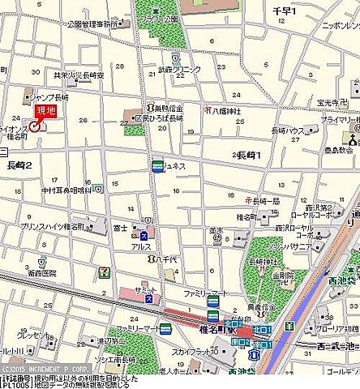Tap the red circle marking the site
tap(34, 126)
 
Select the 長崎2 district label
tap(19, 165)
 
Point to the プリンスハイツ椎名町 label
tap(54, 225)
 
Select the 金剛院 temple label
tap(283, 276)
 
